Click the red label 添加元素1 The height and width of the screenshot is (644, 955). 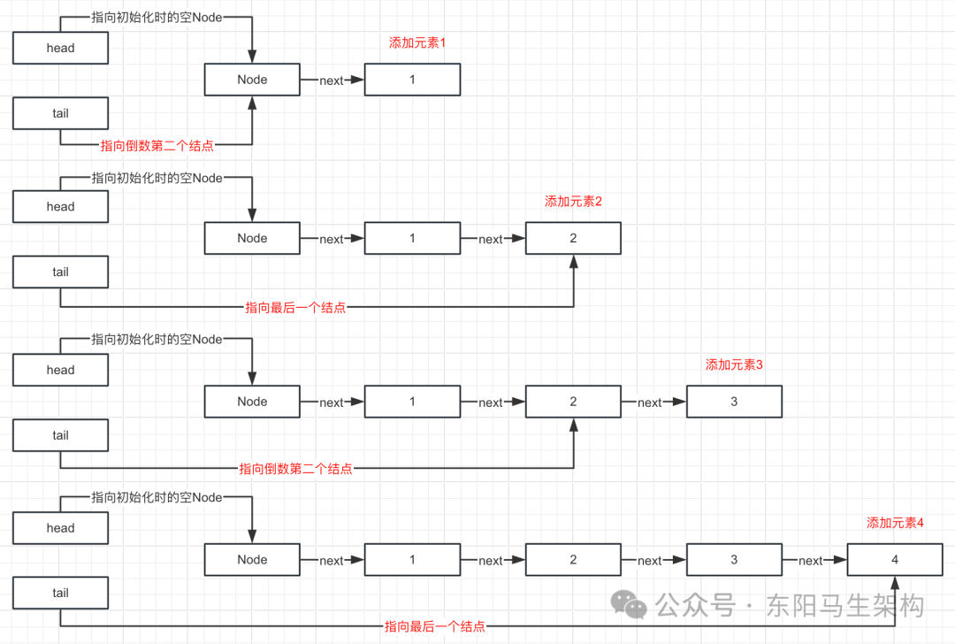tap(417, 42)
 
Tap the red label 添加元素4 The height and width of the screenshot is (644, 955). tap(895, 523)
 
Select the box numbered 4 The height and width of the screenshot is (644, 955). tap(895, 559)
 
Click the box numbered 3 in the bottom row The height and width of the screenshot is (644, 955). tap(734, 559)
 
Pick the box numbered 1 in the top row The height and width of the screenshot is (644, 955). tap(412, 80)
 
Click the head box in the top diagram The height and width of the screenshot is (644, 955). tap(60, 48)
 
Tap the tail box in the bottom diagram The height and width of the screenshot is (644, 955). tap(60, 593)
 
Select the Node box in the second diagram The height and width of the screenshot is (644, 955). tap(252, 238)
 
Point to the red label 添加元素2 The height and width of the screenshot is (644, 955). tap(573, 202)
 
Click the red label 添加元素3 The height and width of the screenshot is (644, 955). tap(734, 365)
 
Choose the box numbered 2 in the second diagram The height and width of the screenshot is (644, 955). tap(573, 238)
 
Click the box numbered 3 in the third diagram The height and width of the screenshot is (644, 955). tap(734, 402)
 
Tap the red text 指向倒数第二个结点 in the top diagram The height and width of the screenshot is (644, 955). tap(157, 146)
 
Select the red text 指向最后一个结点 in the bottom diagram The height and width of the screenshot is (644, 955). tap(435, 626)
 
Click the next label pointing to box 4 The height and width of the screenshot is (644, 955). tap(810, 561)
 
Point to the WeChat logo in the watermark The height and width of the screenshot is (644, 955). tap(629, 604)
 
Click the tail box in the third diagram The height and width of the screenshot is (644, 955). tap(60, 435)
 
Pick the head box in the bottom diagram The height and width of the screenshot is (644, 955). tap(60, 527)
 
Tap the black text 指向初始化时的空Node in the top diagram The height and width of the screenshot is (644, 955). tap(157, 17)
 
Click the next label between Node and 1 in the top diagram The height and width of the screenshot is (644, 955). tap(332, 80)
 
